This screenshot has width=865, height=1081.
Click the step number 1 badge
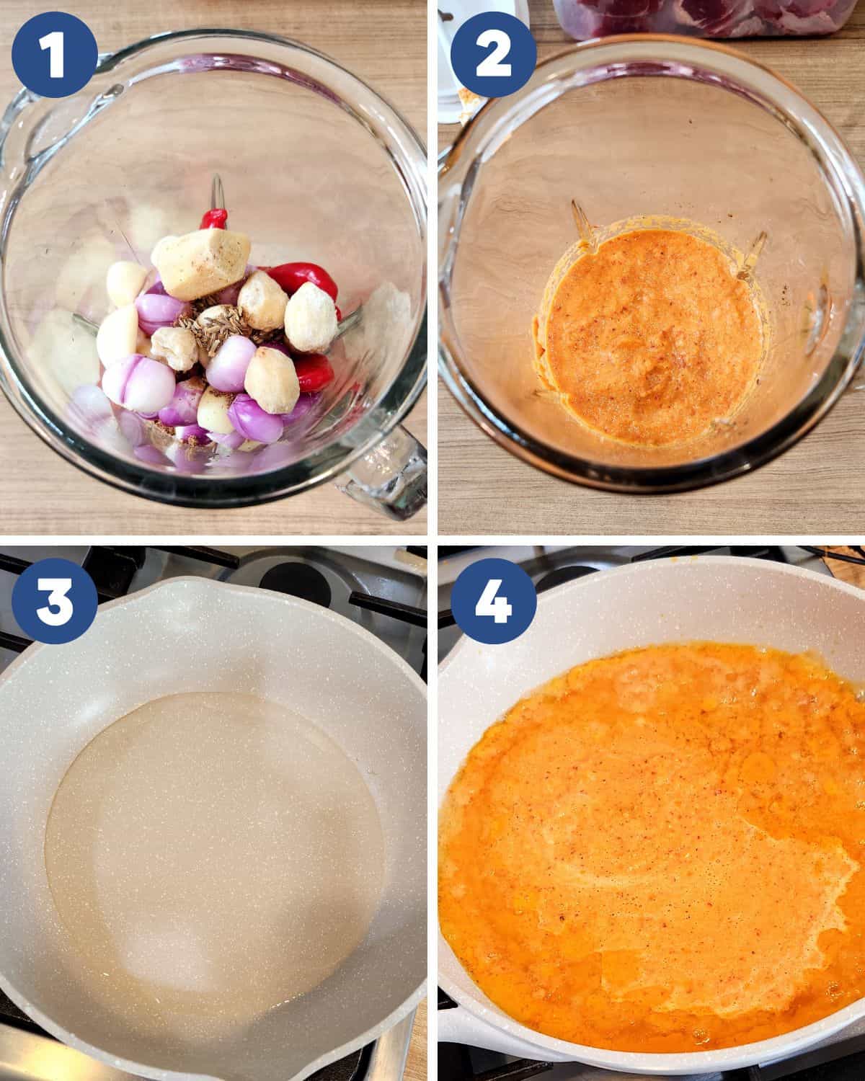[55, 55]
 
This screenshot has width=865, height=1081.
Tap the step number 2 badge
[494, 55]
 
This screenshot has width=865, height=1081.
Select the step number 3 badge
[55, 601]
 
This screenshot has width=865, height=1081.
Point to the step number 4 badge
[494, 601]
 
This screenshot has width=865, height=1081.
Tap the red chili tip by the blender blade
[215, 219]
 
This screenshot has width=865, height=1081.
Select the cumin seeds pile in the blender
[211, 326]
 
